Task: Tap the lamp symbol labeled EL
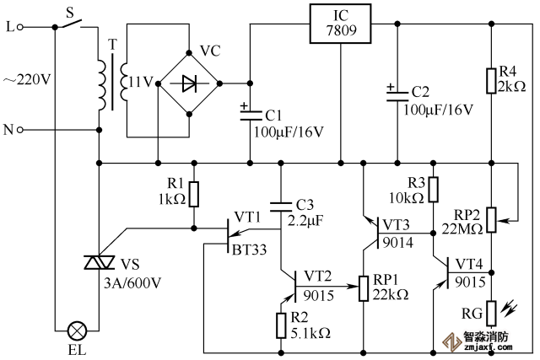(78, 327)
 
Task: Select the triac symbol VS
(99, 264)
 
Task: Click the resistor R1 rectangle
(194, 195)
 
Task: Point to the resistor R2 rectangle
(281, 325)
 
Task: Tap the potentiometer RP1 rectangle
(364, 288)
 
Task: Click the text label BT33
(251, 250)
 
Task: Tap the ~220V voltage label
(28, 81)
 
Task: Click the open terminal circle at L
(19, 28)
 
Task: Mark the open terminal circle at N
(19, 130)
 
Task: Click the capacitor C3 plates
(281, 205)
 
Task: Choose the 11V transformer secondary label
(142, 82)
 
